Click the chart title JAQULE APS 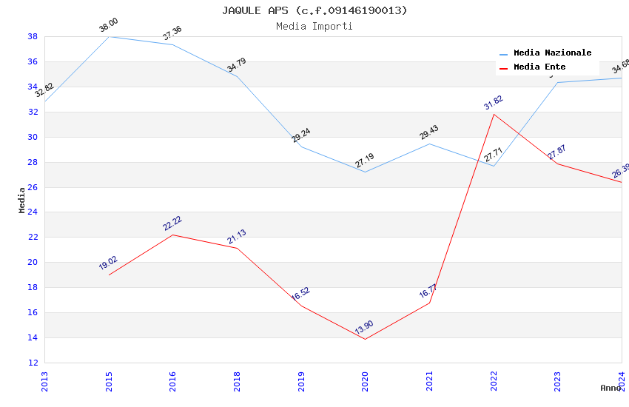314,10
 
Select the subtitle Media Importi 314,26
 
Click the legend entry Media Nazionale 552,53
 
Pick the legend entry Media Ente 539,67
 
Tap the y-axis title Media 22,200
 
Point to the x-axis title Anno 610,388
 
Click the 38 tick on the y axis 33,36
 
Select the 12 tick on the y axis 33,363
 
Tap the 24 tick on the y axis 33,212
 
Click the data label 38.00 109,25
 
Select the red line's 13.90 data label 364,328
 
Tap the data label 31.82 493,102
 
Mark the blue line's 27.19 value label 364,161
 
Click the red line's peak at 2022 494,114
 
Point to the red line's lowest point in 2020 365,339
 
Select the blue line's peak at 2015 109,36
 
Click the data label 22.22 172,223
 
